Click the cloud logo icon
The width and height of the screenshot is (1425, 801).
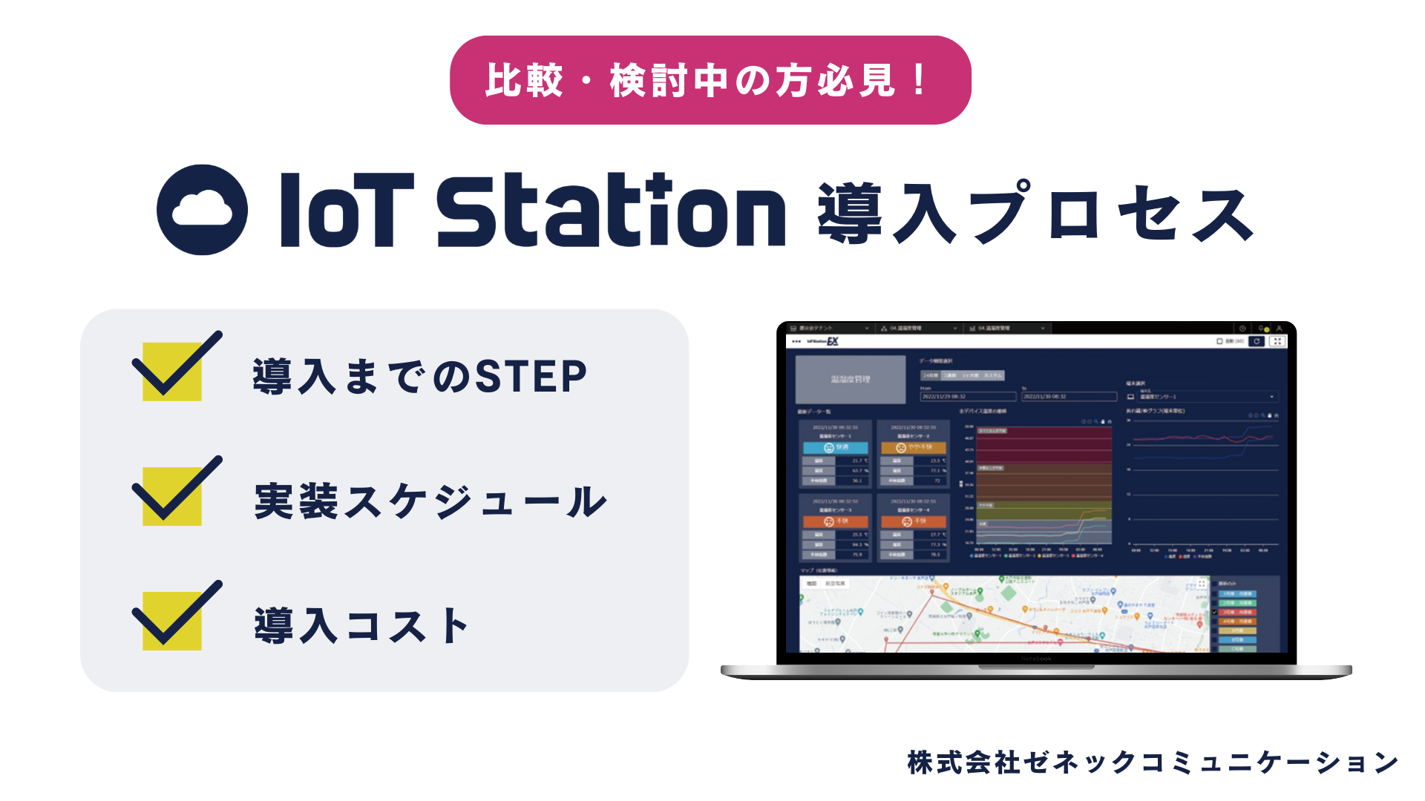pos(202,210)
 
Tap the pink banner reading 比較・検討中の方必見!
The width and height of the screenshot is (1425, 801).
pos(710,80)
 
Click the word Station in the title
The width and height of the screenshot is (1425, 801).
pos(610,210)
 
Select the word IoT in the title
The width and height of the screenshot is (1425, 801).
pos(346,210)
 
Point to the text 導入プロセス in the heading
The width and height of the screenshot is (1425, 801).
pos(1035,214)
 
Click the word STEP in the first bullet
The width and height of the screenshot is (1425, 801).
pos(531,377)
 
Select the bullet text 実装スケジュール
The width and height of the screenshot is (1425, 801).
pos(430,501)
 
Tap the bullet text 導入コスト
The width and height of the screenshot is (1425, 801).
pos(361,626)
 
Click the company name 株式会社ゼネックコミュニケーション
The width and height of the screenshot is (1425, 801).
pos(1153,762)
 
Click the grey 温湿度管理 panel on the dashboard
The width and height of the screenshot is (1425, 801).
pos(851,380)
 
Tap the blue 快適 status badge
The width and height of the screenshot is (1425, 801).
pos(836,448)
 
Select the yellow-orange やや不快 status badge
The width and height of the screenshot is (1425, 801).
pos(914,448)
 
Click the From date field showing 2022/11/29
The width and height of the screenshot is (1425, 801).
pos(967,397)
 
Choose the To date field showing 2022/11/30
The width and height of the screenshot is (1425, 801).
pos(1069,397)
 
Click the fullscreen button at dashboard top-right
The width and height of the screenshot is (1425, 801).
pos(1277,341)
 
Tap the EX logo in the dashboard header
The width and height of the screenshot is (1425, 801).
pos(833,341)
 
